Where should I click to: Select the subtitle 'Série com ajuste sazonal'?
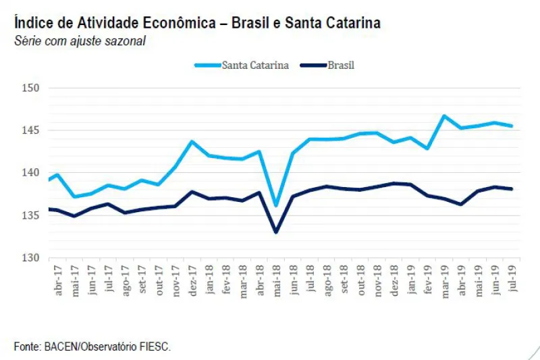(x=80, y=41)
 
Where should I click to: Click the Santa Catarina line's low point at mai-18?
(x=276, y=205)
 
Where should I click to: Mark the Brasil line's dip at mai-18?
(x=276, y=232)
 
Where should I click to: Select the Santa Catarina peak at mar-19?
(x=444, y=115)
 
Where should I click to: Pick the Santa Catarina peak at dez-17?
(x=192, y=141)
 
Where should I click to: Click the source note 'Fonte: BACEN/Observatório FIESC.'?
(x=92, y=346)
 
